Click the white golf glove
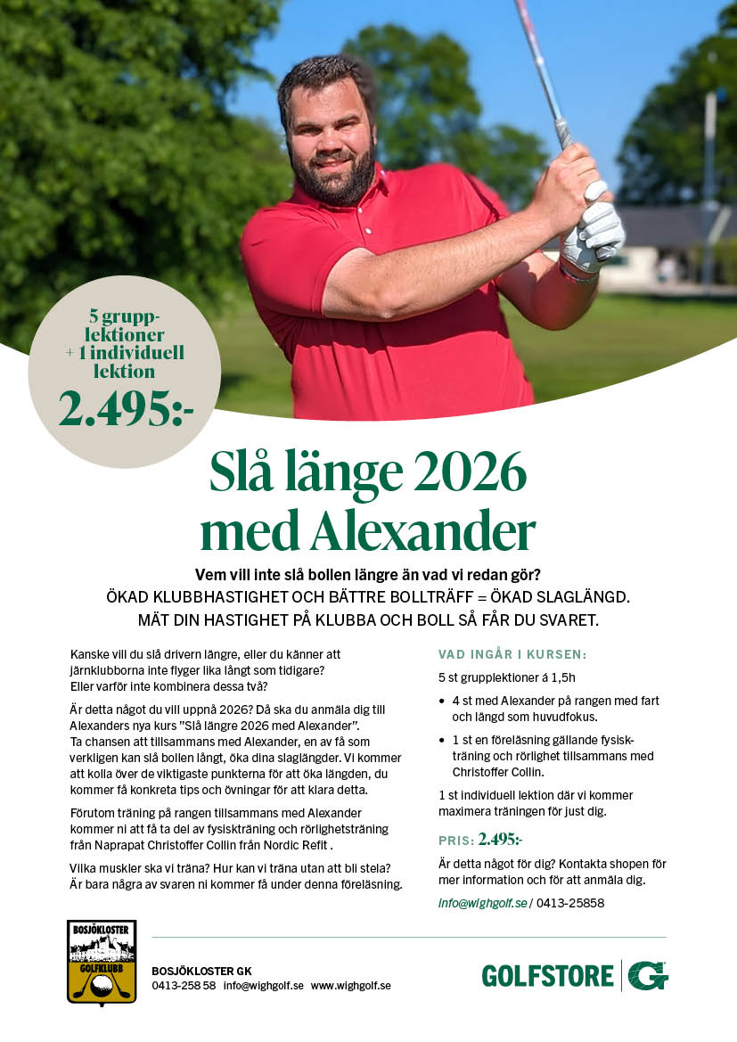[594, 231]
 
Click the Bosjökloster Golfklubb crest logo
[102, 961]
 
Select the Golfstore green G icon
[648, 975]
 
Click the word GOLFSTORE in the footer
[547, 976]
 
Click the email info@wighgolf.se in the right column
[481, 903]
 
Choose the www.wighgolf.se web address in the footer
[350, 986]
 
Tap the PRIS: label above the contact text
[455, 841]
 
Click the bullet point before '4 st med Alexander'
[443, 702]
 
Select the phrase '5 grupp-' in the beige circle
[124, 316]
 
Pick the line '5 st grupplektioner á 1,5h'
[507, 677]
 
